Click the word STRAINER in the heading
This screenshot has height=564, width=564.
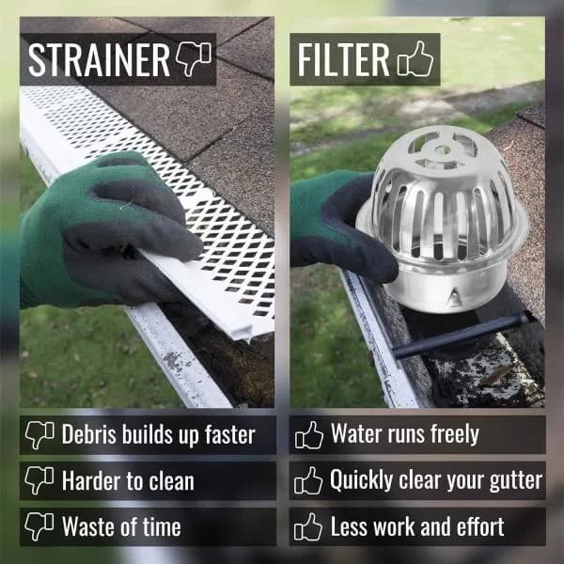point(99,59)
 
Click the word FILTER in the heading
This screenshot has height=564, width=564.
point(343,59)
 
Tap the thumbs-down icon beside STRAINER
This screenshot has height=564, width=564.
point(194,59)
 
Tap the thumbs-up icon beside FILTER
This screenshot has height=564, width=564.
point(415,58)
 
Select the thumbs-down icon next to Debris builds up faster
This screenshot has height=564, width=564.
point(39,435)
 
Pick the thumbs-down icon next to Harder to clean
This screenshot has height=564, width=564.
point(39,480)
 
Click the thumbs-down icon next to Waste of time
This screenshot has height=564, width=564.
point(39,526)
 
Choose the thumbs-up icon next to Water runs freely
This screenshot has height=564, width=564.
point(308,435)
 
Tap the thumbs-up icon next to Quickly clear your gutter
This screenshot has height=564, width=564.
point(308,480)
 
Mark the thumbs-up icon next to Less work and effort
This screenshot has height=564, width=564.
point(308,526)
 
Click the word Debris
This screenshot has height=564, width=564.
point(89,434)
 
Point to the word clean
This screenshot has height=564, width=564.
point(172,481)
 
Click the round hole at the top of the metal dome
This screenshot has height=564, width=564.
point(442,149)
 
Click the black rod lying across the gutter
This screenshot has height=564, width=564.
point(460,336)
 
